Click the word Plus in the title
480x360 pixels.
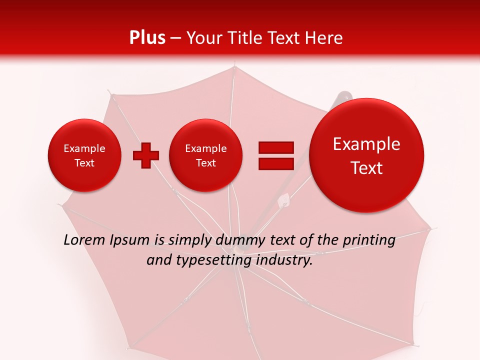pos(147,38)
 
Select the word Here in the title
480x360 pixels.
pos(325,38)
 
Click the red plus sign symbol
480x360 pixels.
pos(145,155)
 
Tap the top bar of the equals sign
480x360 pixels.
pos(275,147)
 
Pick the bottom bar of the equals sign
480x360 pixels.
pos(275,163)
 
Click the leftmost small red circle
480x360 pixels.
pos(84,155)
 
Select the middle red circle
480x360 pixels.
pos(205,155)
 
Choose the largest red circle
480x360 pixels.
pos(366,155)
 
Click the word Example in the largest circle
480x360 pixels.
pos(366,144)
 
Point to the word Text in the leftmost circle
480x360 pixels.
pos(84,163)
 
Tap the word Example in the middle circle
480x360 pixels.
pos(205,148)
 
